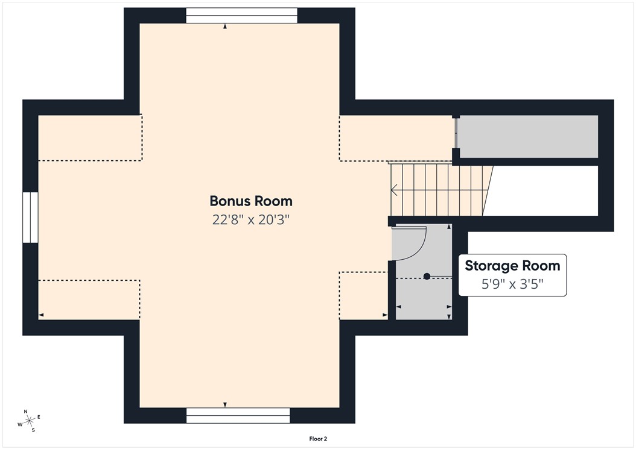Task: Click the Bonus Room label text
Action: coord(251,201)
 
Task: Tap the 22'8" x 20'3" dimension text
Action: coord(251,219)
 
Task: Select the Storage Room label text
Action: coord(512,266)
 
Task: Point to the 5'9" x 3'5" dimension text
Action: coord(512,284)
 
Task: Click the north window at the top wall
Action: coord(241,16)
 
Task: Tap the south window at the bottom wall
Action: coord(238,415)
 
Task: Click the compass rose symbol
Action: coord(29,420)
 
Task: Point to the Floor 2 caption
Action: coord(318,439)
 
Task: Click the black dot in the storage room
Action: coord(427,277)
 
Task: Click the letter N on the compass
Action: coord(25,411)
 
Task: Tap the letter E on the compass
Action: coord(39,417)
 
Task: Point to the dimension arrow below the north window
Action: coord(225,27)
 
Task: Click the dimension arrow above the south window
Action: coord(225,404)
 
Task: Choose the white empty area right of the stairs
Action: coord(543,190)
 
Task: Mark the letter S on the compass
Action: coord(33,430)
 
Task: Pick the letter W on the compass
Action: coord(19,424)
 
